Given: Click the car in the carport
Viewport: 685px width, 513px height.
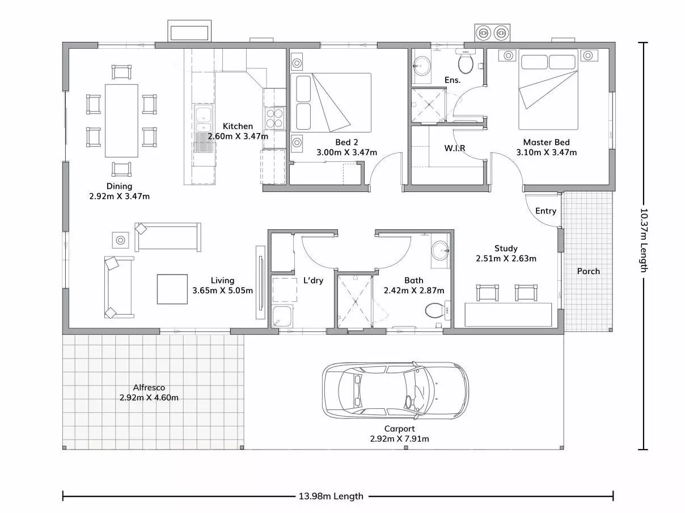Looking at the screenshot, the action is (395, 391).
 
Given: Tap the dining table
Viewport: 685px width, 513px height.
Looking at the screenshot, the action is (121, 121).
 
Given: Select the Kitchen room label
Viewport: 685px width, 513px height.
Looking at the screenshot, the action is (238, 126).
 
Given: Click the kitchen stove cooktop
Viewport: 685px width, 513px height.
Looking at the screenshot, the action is (274, 118).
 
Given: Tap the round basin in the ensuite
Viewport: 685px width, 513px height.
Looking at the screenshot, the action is (422, 66).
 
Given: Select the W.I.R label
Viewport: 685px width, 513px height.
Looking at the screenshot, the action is (454, 148).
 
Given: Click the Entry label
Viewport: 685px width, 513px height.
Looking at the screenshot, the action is (546, 211).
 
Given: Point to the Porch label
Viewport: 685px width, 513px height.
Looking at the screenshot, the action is (588, 271).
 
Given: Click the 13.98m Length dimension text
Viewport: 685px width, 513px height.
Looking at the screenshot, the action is (331, 496).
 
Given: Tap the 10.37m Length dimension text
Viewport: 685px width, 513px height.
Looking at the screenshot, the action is (644, 240).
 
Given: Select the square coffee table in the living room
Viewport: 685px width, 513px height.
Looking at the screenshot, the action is (172, 289).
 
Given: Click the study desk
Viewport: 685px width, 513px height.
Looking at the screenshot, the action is (508, 315).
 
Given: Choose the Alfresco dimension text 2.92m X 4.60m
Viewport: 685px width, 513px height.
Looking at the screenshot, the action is (149, 397).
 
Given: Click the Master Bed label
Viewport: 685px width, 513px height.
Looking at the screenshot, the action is (546, 142).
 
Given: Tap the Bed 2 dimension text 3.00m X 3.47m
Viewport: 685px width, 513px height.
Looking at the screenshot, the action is (346, 152).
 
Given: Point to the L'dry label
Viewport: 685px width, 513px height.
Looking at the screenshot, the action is (313, 280).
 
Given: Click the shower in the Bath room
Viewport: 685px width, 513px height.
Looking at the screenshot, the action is (354, 301).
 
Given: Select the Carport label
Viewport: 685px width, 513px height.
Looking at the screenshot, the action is (399, 429).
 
